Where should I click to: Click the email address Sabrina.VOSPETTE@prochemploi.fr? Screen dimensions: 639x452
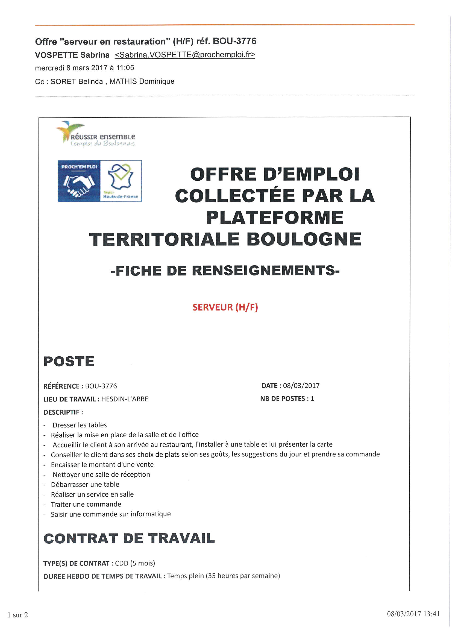(185, 55)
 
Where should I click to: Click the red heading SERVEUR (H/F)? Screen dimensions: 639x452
(225, 307)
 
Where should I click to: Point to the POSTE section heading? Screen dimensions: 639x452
(69, 361)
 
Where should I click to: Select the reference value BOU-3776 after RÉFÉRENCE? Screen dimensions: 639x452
(101, 386)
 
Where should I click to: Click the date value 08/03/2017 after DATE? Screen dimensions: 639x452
(301, 385)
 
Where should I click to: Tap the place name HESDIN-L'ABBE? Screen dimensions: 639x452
(125, 399)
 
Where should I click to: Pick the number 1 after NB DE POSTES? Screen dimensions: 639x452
(312, 398)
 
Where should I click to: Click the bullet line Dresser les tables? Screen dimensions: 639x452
(80, 425)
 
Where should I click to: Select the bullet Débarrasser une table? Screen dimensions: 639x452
(85, 484)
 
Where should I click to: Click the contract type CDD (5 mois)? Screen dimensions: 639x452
(135, 563)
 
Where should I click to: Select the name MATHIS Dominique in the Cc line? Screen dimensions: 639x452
(142, 81)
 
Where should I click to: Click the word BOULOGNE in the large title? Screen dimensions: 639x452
(304, 239)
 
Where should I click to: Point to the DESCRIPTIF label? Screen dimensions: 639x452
(63, 412)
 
